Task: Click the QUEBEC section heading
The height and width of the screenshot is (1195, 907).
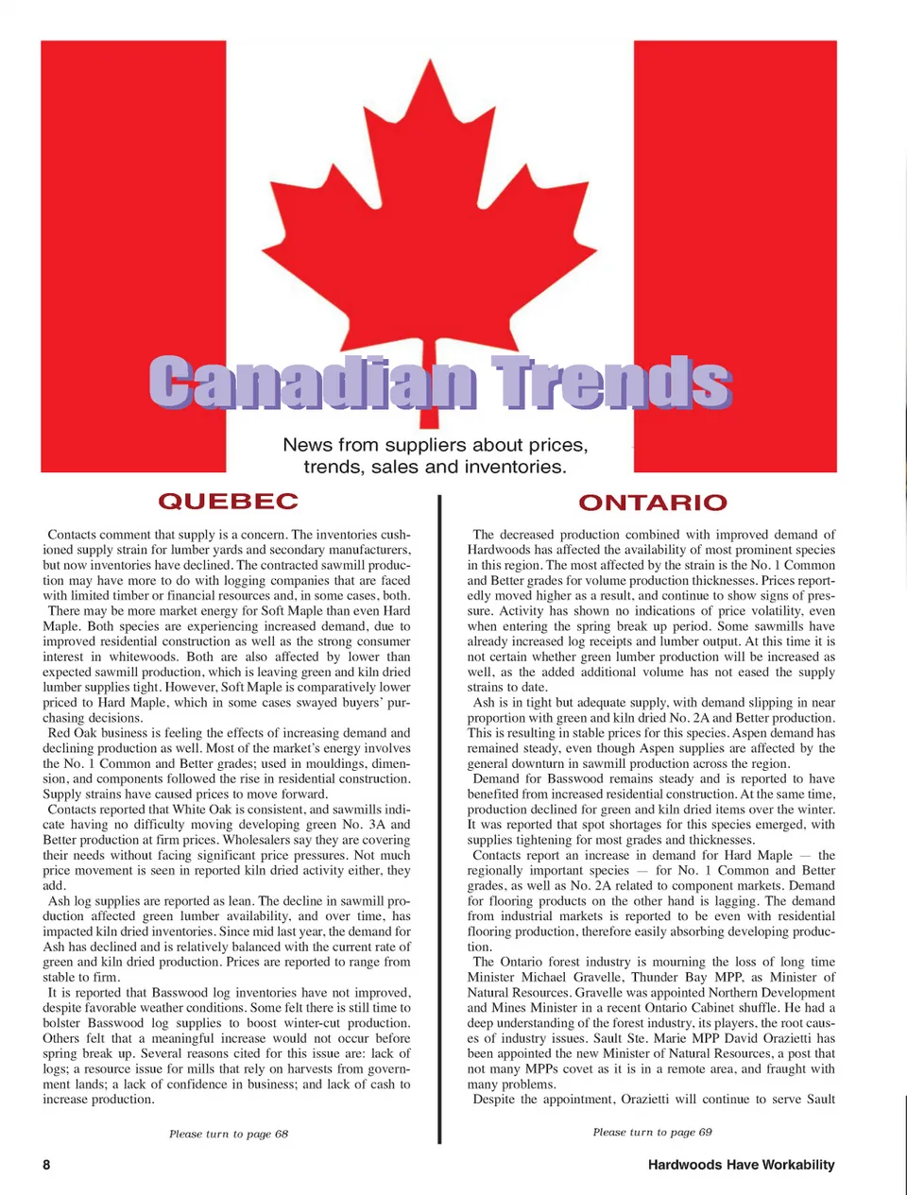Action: (228, 501)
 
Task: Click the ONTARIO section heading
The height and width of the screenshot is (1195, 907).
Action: (652, 503)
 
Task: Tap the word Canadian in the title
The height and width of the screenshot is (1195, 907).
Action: (313, 383)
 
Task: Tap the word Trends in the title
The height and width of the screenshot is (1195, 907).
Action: (613, 383)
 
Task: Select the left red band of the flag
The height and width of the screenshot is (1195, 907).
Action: (132, 255)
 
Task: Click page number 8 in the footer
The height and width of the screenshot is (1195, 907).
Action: (46, 1165)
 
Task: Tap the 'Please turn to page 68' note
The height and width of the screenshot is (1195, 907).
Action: (229, 1134)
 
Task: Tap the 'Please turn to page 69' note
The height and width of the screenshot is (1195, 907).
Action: (652, 1132)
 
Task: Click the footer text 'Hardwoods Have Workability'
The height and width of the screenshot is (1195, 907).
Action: (741, 1165)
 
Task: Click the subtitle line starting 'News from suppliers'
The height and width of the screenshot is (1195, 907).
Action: (435, 445)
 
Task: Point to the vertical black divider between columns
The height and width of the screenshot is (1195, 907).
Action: (439, 812)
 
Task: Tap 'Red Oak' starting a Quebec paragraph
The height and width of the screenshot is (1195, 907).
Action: (72, 733)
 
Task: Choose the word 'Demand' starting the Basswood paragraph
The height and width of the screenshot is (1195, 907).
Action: (496, 779)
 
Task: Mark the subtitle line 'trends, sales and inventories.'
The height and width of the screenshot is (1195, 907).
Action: (435, 467)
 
